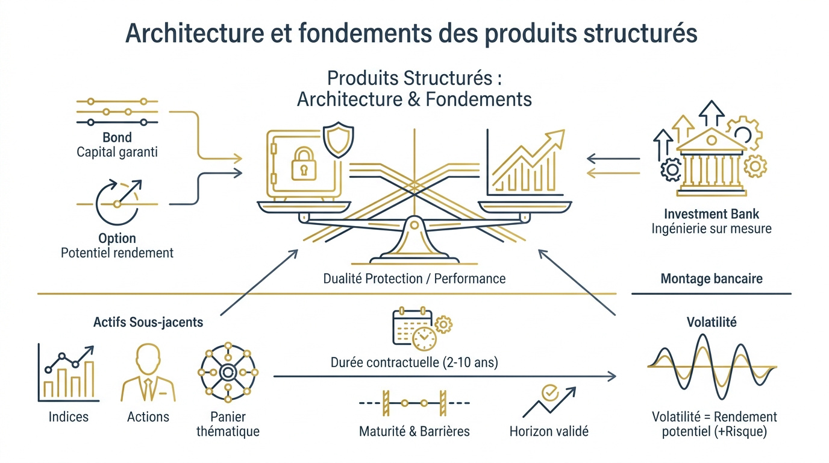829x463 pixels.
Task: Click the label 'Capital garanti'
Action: point(117,152)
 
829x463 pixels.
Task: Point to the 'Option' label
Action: point(117,238)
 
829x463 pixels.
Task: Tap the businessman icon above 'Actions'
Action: point(148,373)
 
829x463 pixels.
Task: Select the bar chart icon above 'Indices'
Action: point(67,373)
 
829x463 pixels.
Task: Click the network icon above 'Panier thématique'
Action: point(228,372)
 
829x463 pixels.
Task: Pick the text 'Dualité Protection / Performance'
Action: point(414,279)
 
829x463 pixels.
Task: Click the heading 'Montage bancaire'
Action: point(712,279)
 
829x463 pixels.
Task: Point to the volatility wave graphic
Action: point(712,366)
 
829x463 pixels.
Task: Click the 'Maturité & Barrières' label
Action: point(414,432)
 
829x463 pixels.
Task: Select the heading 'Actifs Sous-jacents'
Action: point(148,322)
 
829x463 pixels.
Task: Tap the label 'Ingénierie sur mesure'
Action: point(712,228)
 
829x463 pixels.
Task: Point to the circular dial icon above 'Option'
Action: point(117,201)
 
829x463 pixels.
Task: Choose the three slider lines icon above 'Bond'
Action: point(117,112)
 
